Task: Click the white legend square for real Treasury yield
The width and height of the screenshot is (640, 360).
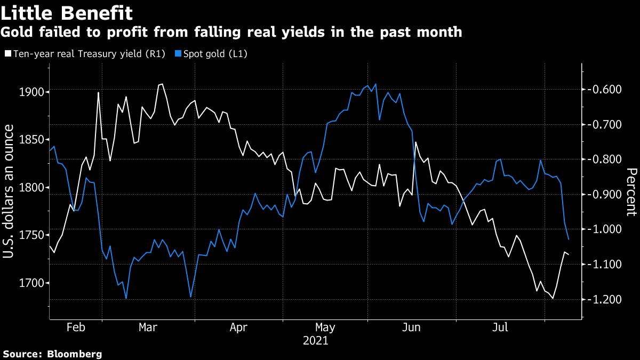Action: pos(8,54)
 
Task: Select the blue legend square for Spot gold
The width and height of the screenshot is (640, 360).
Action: pos(179,54)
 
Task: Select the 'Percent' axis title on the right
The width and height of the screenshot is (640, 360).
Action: pos(631,192)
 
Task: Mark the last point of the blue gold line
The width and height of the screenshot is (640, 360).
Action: pos(569,239)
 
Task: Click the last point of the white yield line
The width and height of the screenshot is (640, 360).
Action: pos(569,254)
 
